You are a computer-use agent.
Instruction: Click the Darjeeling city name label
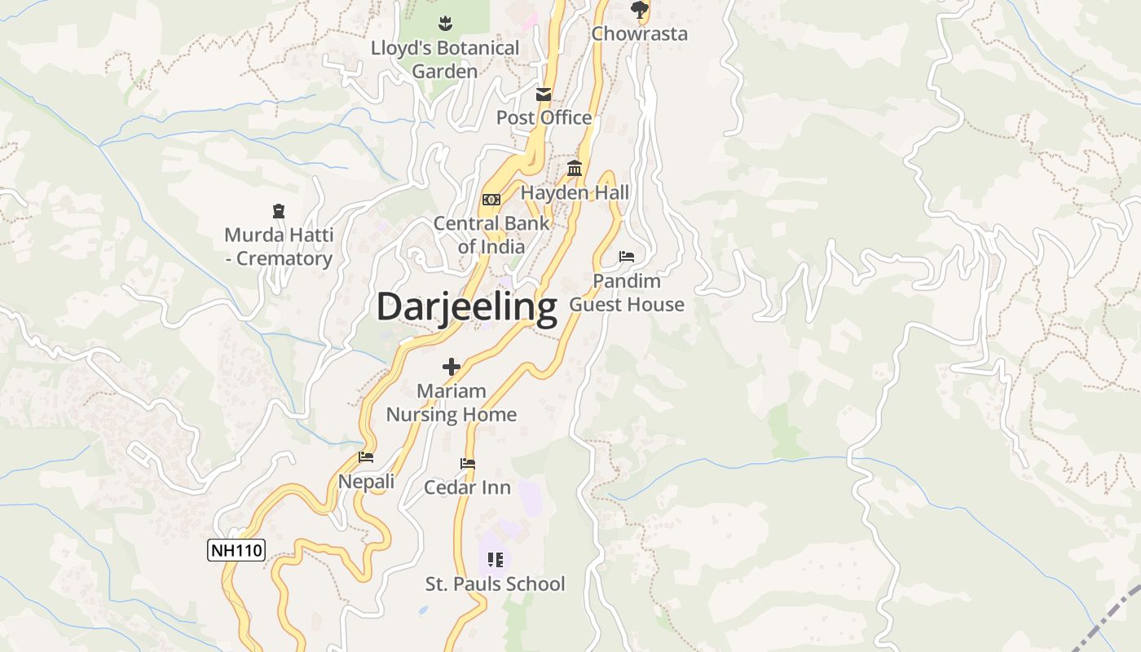(x=466, y=307)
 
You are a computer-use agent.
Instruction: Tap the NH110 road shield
(x=236, y=550)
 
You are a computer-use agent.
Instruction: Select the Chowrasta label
(x=639, y=33)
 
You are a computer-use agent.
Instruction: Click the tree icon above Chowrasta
(x=640, y=10)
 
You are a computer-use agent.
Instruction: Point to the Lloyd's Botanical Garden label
(x=445, y=59)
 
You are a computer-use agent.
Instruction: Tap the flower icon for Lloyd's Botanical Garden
(x=445, y=23)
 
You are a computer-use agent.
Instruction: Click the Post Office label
(x=544, y=117)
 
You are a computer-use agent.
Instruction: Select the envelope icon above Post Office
(x=544, y=95)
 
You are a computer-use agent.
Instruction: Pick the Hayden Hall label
(x=575, y=192)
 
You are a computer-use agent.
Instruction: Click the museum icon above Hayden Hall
(x=575, y=169)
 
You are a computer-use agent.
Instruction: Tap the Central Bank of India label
(x=491, y=235)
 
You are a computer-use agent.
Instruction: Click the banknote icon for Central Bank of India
(x=491, y=200)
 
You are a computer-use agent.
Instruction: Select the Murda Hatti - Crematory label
(x=279, y=247)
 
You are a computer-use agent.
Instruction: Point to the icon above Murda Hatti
(x=279, y=212)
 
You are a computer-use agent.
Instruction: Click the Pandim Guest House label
(x=627, y=293)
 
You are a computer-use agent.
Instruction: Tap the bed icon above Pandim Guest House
(x=627, y=257)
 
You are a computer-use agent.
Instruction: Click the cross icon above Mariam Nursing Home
(x=452, y=367)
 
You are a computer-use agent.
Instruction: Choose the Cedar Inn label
(x=467, y=487)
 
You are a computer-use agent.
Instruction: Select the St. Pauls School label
(x=495, y=584)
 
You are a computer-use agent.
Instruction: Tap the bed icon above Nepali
(x=366, y=457)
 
